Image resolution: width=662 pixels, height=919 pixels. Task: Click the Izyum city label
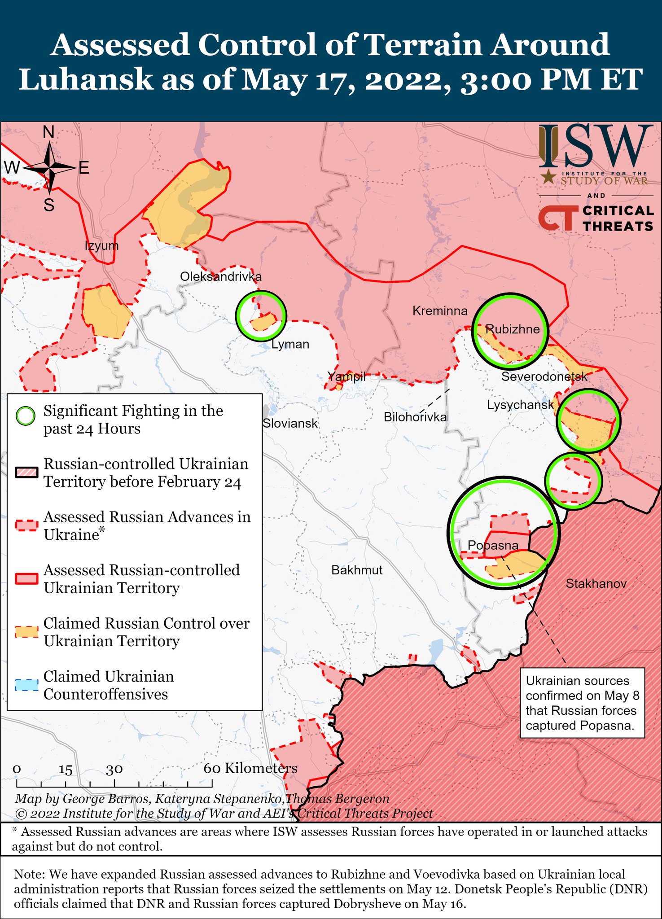click(x=102, y=245)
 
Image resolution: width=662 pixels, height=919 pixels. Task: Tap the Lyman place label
click(x=290, y=344)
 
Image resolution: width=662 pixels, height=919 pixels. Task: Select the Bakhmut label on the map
click(x=357, y=570)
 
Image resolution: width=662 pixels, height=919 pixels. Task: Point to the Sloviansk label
click(x=290, y=423)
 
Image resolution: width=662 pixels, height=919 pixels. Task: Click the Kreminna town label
click(x=440, y=311)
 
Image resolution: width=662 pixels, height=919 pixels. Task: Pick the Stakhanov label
click(x=596, y=583)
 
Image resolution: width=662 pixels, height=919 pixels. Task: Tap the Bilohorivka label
click(x=415, y=417)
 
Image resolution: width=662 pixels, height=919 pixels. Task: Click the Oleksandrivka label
click(x=220, y=276)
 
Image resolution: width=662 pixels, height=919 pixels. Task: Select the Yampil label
click(x=346, y=376)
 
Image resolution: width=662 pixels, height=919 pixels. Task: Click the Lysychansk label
click(x=520, y=405)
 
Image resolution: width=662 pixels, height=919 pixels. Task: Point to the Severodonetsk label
click(x=544, y=376)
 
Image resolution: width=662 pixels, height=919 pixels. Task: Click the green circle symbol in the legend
click(x=26, y=416)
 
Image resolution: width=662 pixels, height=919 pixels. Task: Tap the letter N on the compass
click(x=48, y=132)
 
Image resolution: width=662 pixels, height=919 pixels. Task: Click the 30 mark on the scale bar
click(x=114, y=769)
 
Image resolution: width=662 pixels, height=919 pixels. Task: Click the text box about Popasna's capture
click(x=582, y=703)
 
